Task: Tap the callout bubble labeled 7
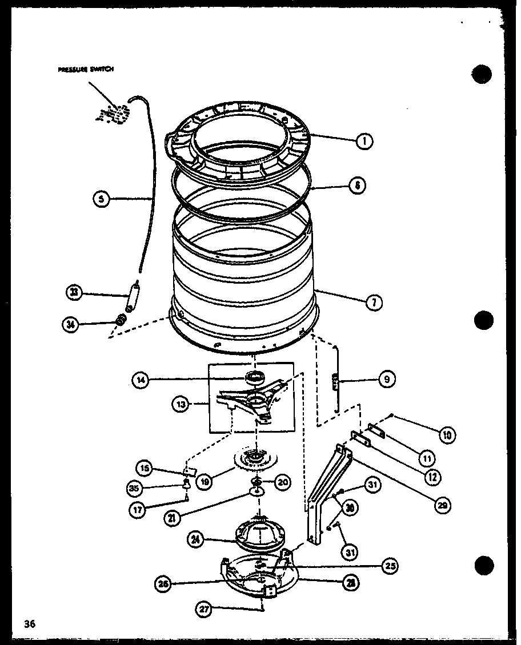[374, 303]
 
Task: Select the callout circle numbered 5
[101, 199]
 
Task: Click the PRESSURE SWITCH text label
[86, 70]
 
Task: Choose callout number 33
[74, 293]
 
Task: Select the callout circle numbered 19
[203, 482]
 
